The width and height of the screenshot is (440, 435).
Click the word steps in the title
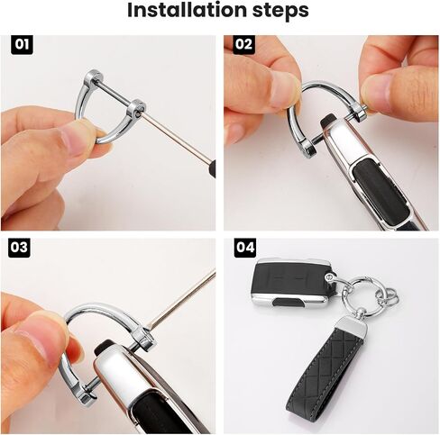click(280, 11)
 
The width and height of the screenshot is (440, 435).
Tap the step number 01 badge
click(22, 45)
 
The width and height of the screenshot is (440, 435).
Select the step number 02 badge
click(243, 45)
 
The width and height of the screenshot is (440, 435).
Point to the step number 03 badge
click(20, 248)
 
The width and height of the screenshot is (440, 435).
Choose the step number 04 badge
click(245, 248)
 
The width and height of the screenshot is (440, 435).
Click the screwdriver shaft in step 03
click(183, 300)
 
